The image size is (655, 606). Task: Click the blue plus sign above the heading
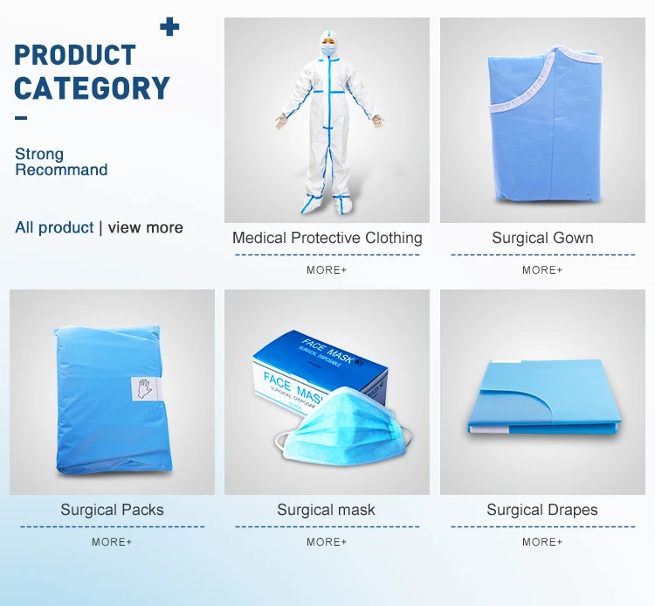pos(169,27)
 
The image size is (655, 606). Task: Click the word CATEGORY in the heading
pos(92,88)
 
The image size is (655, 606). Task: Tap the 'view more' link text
pos(145,227)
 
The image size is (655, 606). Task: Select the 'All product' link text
pos(54,227)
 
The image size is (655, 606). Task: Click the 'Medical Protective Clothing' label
pos(327,238)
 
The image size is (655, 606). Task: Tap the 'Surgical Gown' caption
pos(542,238)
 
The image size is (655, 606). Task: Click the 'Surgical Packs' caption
pos(112,510)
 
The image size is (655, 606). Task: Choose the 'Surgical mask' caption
pos(327,510)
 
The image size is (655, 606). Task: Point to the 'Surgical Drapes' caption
pos(542,510)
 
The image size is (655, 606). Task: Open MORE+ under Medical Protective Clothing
pos(327,270)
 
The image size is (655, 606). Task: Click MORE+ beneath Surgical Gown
pos(542,270)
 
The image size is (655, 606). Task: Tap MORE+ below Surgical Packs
pos(112,542)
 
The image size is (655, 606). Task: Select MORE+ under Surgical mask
pos(327,542)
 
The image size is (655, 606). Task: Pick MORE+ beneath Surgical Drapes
pos(542,542)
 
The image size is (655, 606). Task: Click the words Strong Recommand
pos(61,162)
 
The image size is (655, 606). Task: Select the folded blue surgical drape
pos(543,396)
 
